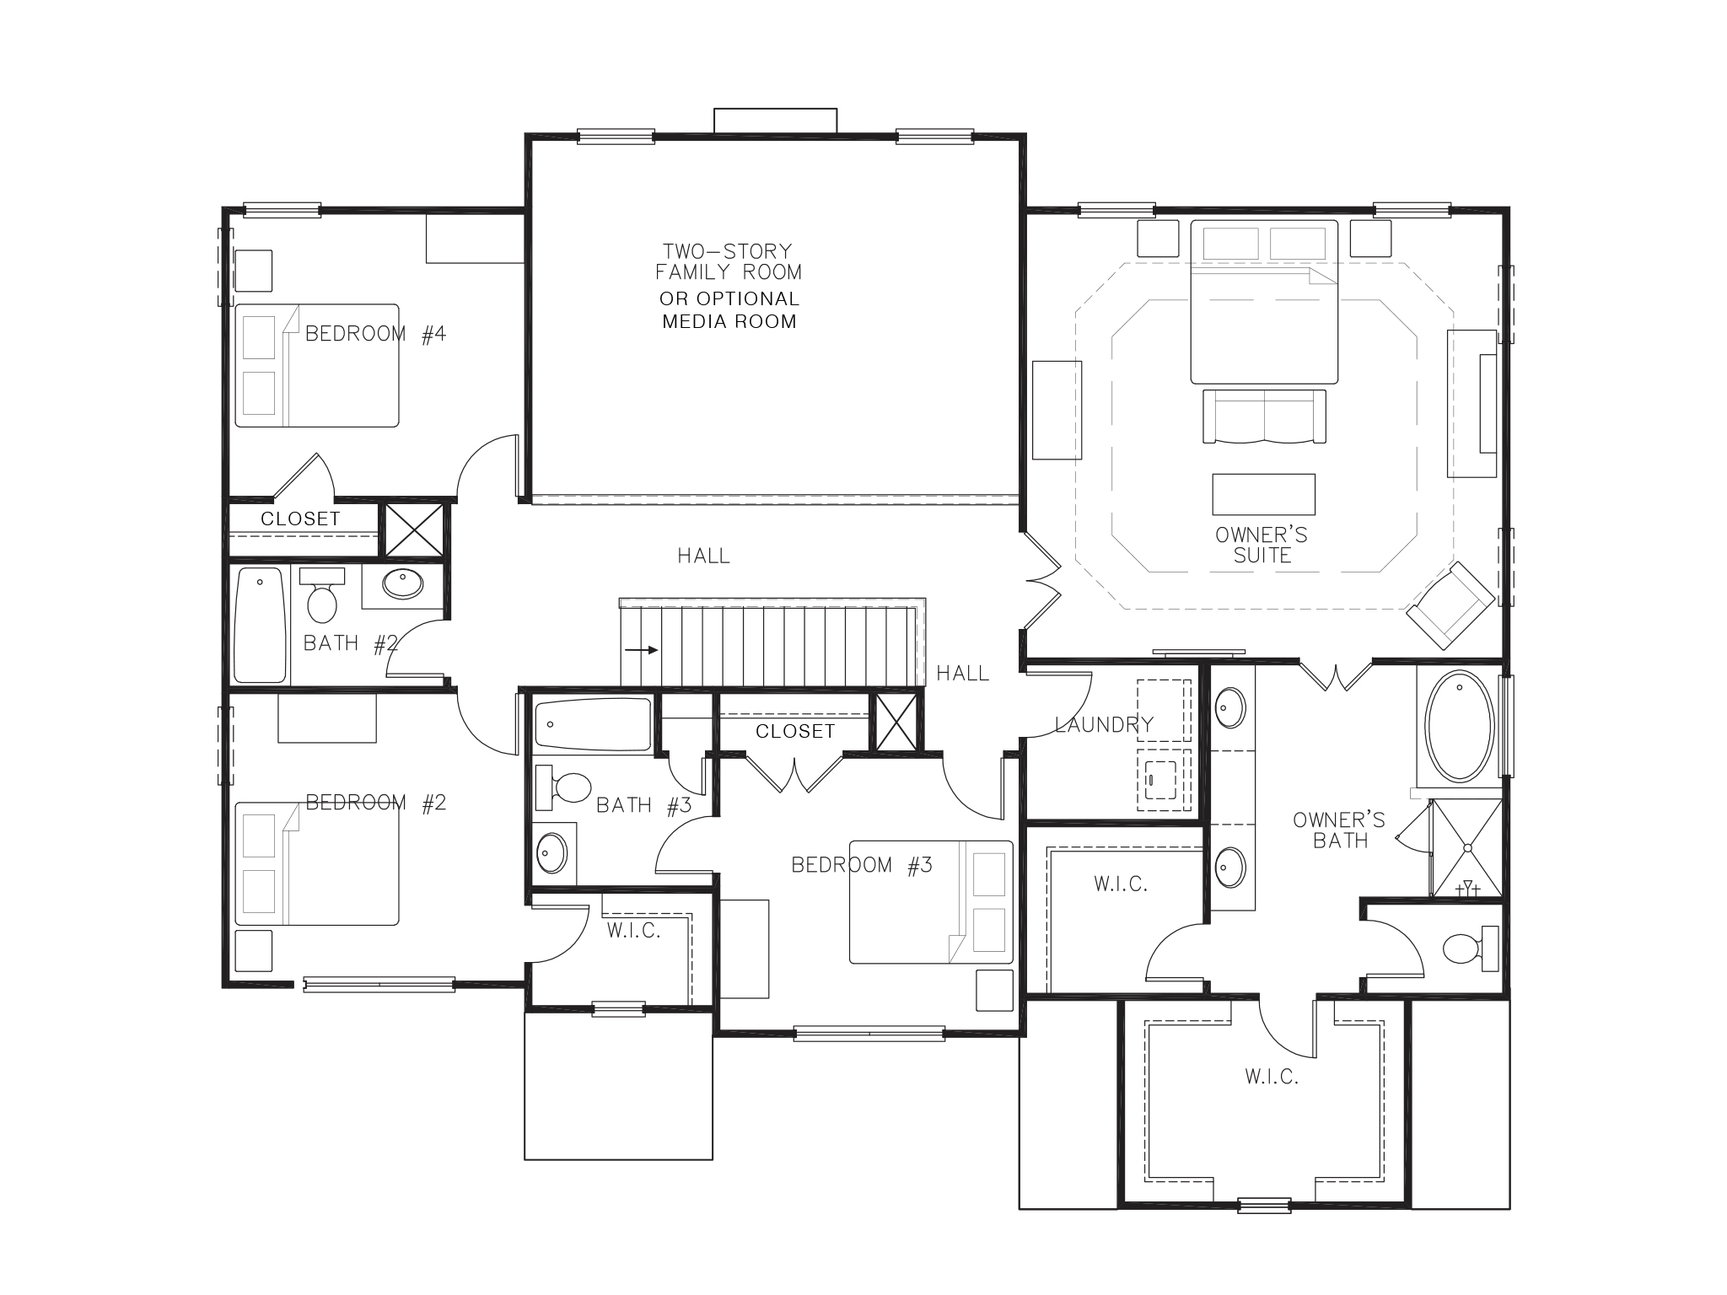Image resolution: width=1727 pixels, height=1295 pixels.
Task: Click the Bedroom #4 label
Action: tap(375, 335)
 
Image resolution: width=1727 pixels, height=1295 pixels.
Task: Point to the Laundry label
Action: tap(1103, 725)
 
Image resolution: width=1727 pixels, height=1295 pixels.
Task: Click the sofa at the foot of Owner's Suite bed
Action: tap(1263, 416)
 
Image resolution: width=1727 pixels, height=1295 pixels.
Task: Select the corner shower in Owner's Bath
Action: tap(1467, 846)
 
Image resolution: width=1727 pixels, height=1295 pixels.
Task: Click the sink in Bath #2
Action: tap(402, 583)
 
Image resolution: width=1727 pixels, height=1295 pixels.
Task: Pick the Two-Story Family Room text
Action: tap(729, 261)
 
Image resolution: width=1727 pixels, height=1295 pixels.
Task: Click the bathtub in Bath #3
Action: tap(593, 724)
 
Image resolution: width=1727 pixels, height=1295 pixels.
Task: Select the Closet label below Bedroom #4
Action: tap(300, 519)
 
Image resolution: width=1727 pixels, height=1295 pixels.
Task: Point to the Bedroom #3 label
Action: tap(861, 866)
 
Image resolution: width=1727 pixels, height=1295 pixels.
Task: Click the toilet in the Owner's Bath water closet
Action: tap(1463, 948)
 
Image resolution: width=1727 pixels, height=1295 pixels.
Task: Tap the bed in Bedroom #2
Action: tap(316, 864)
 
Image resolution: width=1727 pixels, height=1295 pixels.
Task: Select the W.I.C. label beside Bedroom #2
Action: tap(634, 931)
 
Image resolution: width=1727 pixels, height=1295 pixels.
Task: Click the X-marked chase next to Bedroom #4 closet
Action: tap(413, 529)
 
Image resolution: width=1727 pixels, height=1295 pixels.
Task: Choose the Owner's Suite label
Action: tap(1262, 545)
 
